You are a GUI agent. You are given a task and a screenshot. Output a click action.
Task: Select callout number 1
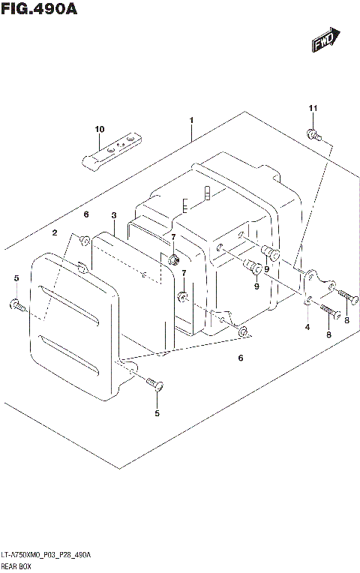(x=192, y=120)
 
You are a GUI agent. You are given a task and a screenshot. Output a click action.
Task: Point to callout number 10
(x=99, y=130)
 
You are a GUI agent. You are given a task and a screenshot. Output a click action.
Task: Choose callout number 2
(x=55, y=233)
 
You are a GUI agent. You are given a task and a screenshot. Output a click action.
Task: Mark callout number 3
(x=113, y=215)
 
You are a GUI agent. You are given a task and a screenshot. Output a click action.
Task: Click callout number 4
(x=307, y=327)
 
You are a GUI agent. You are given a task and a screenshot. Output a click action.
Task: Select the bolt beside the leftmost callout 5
(x=18, y=304)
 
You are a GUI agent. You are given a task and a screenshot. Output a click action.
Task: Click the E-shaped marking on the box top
(x=185, y=203)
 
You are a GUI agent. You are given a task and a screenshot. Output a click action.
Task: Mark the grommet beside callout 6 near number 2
(x=85, y=240)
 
